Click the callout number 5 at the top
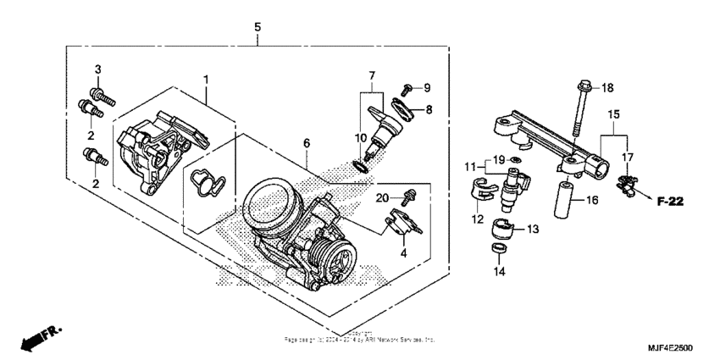[258, 27]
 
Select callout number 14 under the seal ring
[498, 272]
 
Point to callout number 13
[533, 229]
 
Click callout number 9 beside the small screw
[427, 87]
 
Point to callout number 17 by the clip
[628, 158]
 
